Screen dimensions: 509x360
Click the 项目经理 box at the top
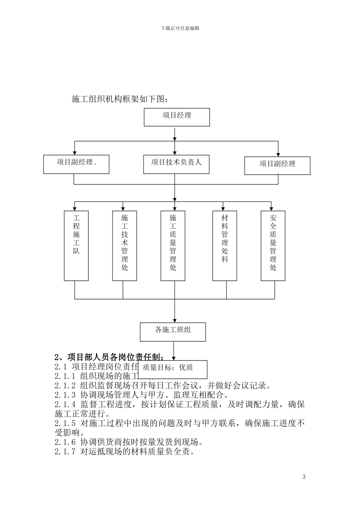coord(177,117)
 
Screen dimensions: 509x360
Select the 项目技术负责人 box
coord(176,164)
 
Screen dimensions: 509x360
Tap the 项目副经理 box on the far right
coord(277,166)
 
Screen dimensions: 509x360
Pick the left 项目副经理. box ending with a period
coord(76,164)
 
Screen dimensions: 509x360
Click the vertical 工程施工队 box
coord(76,245)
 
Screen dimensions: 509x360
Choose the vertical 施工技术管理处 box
coord(125,245)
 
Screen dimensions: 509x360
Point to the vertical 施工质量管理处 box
coord(173,245)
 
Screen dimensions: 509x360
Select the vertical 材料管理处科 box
coord(225,245)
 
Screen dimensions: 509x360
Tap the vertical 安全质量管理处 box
coord(273,245)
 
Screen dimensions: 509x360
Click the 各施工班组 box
coord(173,332)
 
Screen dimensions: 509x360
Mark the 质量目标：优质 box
coord(173,369)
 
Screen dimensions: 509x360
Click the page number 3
coord(304,477)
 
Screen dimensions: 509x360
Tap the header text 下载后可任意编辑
coord(180,28)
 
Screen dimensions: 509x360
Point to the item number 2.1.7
coord(65,452)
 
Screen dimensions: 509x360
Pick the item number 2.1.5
coord(65,423)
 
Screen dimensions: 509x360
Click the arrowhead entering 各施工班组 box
coord(174,320)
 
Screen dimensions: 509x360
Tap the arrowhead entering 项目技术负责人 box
coord(174,152)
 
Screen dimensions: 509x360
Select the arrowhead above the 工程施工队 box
coord(75,208)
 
